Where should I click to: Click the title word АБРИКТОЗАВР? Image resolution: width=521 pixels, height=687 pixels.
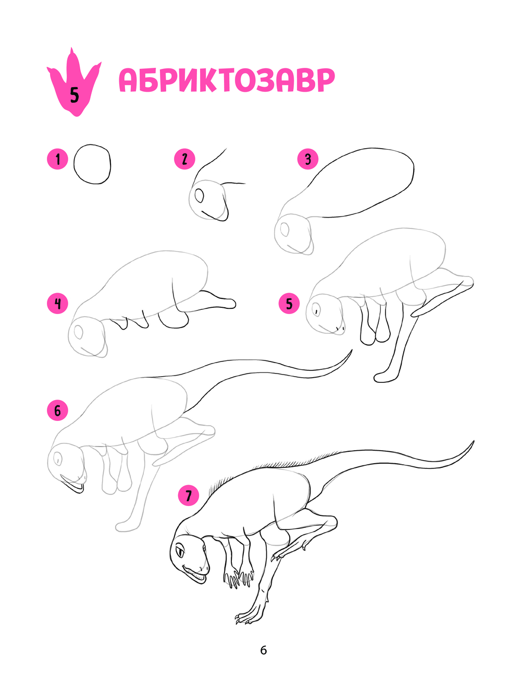pos(227,80)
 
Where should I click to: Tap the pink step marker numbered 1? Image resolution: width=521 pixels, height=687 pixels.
pos(57,159)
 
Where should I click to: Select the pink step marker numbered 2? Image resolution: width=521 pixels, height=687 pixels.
pos(184,159)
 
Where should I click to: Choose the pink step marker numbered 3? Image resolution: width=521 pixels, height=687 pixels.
pos(308,159)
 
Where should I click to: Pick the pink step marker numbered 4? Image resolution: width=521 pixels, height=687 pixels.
pos(57,303)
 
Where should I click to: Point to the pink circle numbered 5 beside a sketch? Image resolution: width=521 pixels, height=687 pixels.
pos(289,303)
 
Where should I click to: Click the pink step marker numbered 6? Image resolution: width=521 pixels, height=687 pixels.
pos(57,411)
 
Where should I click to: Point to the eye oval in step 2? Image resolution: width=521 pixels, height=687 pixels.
pos(199,196)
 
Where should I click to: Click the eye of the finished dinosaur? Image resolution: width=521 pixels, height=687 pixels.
pos(181,552)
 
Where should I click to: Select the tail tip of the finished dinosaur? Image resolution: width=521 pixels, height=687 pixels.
pos(474,442)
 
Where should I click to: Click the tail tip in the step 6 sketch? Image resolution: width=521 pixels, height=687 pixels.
pos(352,351)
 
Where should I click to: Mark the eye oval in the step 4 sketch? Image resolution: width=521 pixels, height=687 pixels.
pos(78,331)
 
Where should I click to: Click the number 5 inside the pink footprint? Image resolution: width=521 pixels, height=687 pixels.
pos(75,94)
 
